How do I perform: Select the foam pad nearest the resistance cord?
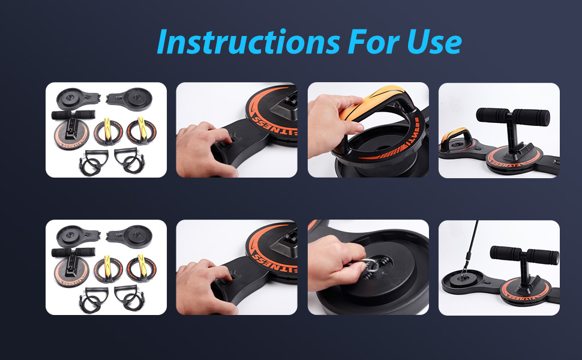[x=504, y=252]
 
